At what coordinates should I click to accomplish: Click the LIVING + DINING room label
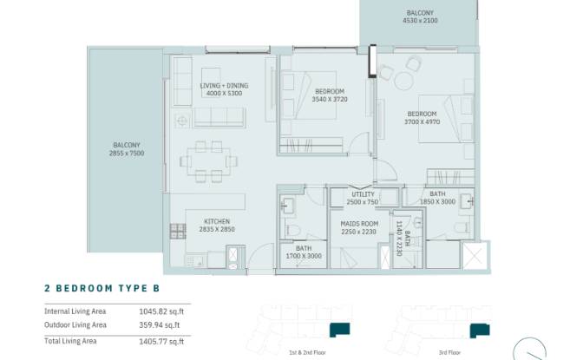click(x=224, y=86)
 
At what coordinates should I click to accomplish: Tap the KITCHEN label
click(x=217, y=221)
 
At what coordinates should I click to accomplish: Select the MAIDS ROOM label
click(x=359, y=224)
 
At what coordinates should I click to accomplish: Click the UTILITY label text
click(x=363, y=194)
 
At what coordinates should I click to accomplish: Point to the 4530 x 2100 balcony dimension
click(x=420, y=21)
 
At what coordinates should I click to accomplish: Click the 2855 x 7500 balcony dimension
click(x=127, y=153)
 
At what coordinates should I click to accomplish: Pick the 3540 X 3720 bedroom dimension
click(x=330, y=99)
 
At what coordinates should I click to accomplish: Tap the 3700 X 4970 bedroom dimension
click(x=422, y=121)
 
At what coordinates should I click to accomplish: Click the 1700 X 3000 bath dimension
click(x=304, y=256)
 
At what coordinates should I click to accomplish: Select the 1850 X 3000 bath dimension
click(x=437, y=201)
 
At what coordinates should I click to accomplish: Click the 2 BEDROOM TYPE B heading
click(x=102, y=288)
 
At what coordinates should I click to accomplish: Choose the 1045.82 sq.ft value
click(x=161, y=311)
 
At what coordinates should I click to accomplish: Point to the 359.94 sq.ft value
click(x=160, y=325)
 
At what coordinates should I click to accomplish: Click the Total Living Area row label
click(x=70, y=341)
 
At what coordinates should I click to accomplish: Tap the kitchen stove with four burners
click(x=178, y=231)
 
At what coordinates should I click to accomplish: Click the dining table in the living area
click(x=208, y=161)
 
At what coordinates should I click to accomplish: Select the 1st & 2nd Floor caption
click(x=307, y=352)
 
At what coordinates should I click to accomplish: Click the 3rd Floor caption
click(x=449, y=352)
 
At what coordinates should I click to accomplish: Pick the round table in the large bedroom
click(x=403, y=81)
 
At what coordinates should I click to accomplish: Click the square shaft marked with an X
click(x=475, y=256)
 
